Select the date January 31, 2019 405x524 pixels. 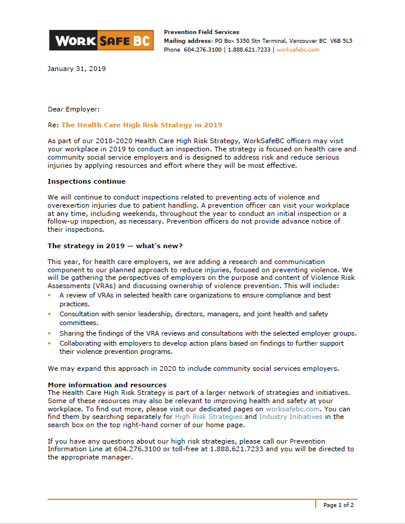tap(76, 69)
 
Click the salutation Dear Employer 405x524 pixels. tap(73, 109)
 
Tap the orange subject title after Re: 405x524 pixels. tap(141, 125)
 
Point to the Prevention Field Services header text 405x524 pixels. tap(201, 32)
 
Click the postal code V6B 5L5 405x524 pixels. tap(341, 41)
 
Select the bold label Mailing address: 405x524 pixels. tap(188, 41)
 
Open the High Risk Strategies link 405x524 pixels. tap(208, 417)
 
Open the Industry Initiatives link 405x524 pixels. tap(291, 417)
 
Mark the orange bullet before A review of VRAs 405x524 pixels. tap(50, 295)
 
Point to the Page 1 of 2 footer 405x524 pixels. tap(338, 505)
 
